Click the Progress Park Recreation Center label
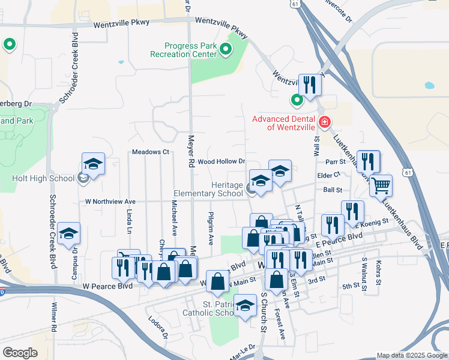pos(191,50)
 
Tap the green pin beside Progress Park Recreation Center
pos(226,49)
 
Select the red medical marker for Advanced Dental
pos(325,122)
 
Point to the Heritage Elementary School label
pos(208,189)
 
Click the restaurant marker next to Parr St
pos(368,161)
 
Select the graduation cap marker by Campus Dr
pos(70,233)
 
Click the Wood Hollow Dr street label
pos(222,161)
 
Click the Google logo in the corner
pos(20,353)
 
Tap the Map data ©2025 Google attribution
pos(411,355)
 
